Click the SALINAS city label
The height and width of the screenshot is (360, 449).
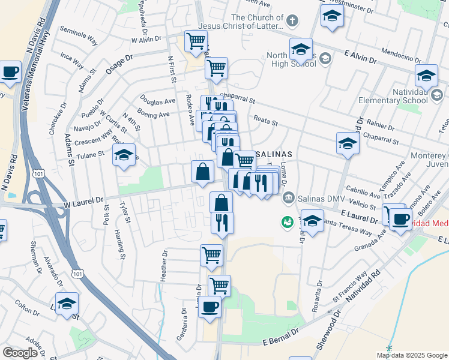click(x=275, y=154)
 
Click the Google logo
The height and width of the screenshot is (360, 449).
click(x=20, y=352)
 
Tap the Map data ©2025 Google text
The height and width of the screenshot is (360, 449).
click(x=411, y=355)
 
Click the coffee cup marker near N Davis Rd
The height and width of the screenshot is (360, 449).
click(x=10, y=73)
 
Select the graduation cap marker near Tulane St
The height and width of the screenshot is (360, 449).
click(x=124, y=155)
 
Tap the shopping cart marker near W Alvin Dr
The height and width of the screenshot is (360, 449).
click(x=196, y=41)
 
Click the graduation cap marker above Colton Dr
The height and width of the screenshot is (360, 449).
click(x=67, y=303)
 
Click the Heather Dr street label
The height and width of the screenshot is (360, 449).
click(x=163, y=262)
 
